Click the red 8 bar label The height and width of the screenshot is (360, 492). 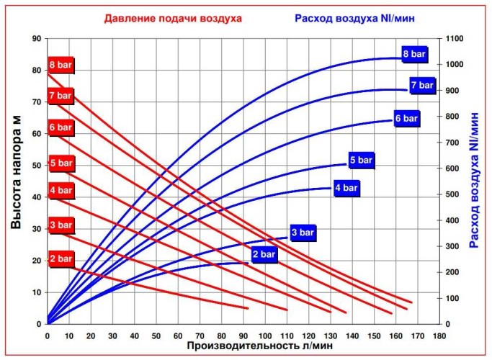[61, 64]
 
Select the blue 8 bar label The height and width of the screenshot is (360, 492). [414, 54]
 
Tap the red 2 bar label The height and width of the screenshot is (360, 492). [61, 258]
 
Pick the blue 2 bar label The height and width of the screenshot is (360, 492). [263, 253]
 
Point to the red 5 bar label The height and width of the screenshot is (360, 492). [61, 163]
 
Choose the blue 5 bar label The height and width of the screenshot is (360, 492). [362, 161]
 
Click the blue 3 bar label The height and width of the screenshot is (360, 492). [302, 233]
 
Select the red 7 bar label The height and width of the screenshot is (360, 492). [61, 95]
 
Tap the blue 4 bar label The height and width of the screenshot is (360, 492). [345, 189]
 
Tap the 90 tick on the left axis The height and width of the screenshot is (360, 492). [36, 39]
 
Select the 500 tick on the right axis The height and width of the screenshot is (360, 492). [449, 194]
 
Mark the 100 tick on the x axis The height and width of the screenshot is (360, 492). [264, 335]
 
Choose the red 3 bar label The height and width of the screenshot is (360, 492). [61, 225]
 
